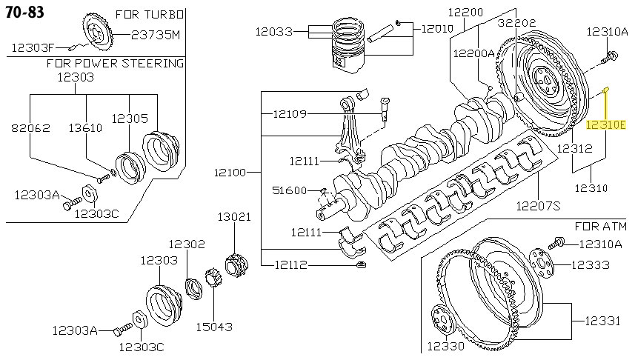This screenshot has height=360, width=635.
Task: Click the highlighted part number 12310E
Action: pos(606,126)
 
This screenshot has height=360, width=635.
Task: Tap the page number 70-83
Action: pos(24,12)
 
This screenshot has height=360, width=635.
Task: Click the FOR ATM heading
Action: pos(601,224)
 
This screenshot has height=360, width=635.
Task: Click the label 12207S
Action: pos(538,204)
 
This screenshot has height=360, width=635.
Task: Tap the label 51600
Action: pos(290,190)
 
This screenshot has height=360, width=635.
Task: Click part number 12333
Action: pos(591,264)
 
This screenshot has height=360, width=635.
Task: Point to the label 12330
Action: pos(445,346)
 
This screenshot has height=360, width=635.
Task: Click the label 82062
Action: pos(30,127)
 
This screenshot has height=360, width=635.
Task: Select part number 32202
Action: pos(516,23)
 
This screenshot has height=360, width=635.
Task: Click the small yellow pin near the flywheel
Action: pos(605,90)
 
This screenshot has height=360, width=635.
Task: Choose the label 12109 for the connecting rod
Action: pos(290,113)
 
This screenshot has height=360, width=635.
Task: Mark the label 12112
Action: pos(293,264)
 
